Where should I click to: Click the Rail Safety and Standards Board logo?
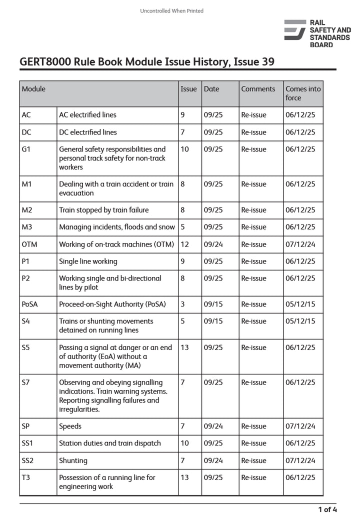point(317,33)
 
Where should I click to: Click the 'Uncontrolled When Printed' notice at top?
point(171,10)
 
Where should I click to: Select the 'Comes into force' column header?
point(303,93)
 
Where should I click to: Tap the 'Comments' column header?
point(258,89)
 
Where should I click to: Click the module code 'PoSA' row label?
point(30,304)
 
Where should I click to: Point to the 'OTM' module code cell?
point(29,244)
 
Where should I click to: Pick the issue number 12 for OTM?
point(184,244)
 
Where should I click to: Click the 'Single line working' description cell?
point(88,261)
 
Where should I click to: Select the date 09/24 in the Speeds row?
point(213,426)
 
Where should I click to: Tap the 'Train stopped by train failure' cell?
point(103,210)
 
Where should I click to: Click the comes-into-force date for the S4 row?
point(300,321)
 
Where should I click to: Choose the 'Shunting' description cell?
point(73,460)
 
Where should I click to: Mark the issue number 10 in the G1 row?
point(184,149)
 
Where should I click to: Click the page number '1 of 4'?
point(327,509)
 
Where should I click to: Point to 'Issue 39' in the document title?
point(254,62)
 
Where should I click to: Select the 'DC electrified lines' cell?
point(88,132)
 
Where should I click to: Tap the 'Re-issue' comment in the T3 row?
point(253,477)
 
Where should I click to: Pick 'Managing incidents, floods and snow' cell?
point(117,227)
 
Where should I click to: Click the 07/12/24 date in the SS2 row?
point(300,460)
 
